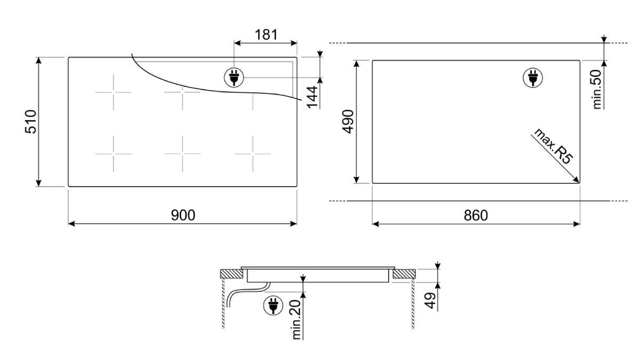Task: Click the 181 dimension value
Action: [266, 35]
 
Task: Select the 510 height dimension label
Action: [31, 122]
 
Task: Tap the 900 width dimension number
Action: [183, 215]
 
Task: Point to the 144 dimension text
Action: [313, 97]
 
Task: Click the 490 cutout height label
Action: [348, 122]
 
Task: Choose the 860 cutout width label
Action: [476, 215]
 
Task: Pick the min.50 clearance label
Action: [597, 90]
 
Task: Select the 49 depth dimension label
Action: [430, 300]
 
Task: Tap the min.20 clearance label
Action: [297, 319]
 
